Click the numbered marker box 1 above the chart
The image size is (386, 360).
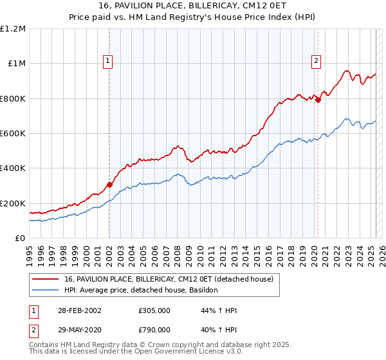tap(108, 62)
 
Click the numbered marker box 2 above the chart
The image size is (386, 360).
tap(317, 62)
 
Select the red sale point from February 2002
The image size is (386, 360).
tap(109, 185)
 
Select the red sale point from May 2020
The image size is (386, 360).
tap(318, 100)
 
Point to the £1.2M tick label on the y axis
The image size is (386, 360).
tap(13, 29)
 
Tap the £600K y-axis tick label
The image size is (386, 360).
tap(13, 134)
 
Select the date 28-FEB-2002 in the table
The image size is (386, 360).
tap(77, 310)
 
